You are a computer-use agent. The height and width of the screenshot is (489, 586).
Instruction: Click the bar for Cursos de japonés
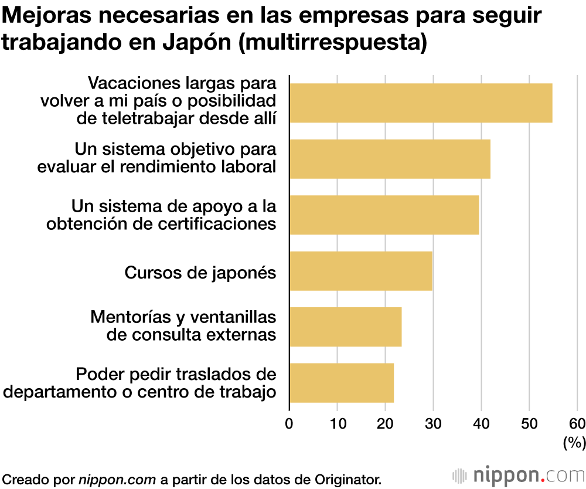(x=361, y=271)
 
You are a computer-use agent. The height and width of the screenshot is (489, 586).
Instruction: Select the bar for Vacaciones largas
(x=421, y=103)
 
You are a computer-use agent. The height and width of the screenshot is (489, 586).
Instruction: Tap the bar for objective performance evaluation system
(x=390, y=159)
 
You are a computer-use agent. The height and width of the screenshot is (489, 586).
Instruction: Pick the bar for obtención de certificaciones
(x=384, y=215)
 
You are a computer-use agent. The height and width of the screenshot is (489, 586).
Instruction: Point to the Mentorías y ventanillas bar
(x=346, y=327)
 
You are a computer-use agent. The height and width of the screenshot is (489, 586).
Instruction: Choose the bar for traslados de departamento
(x=342, y=382)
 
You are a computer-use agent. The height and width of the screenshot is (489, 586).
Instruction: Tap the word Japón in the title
(x=195, y=43)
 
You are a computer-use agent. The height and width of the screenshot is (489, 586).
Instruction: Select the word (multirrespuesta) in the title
(x=333, y=43)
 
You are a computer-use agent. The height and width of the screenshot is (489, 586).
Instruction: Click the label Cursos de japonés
(x=200, y=272)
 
